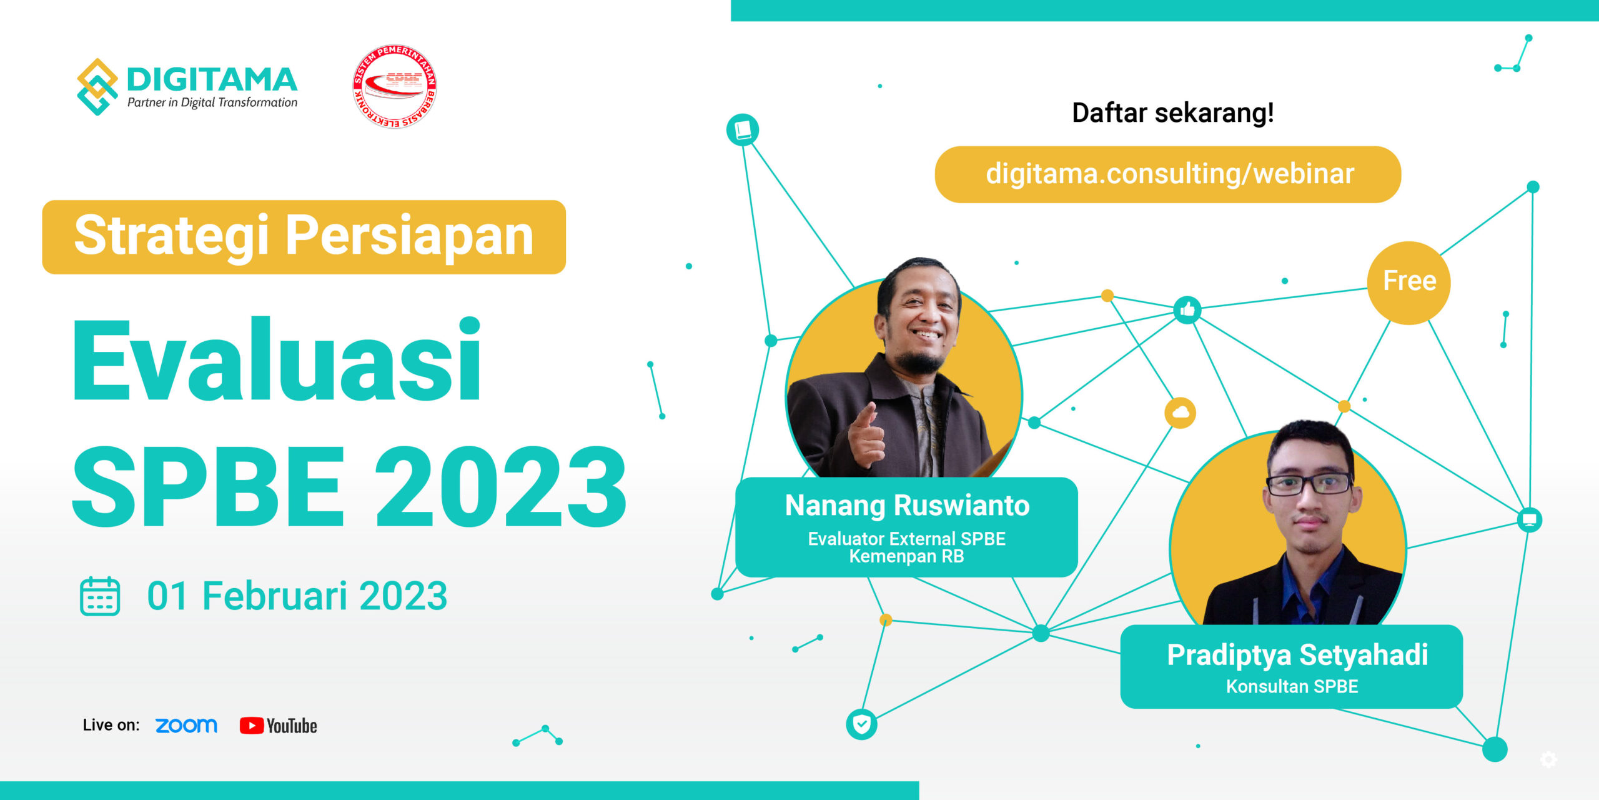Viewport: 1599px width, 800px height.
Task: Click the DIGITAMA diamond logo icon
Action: (x=97, y=87)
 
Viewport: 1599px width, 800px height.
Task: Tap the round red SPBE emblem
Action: (x=394, y=86)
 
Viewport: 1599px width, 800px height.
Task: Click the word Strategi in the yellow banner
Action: (x=171, y=236)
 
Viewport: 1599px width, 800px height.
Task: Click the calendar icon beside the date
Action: (x=100, y=596)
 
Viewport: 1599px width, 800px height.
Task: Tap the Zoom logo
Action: (x=186, y=726)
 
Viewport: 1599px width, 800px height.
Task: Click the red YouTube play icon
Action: (x=251, y=726)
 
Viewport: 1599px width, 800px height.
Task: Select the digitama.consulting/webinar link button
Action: (x=1167, y=174)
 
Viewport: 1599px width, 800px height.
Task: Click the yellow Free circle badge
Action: (x=1409, y=282)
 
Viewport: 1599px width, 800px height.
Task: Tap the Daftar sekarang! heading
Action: (x=1172, y=113)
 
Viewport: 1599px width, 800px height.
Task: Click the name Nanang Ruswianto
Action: (x=907, y=506)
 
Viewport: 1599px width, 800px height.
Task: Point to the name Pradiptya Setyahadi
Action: (x=1297, y=656)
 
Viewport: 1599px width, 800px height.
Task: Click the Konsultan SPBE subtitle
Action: (x=1292, y=686)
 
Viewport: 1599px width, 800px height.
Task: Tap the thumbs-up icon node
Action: (x=1187, y=309)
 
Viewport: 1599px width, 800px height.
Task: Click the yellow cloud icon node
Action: (x=1180, y=413)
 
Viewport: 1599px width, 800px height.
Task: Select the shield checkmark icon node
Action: (x=861, y=724)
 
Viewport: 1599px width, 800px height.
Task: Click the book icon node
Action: (x=743, y=130)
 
